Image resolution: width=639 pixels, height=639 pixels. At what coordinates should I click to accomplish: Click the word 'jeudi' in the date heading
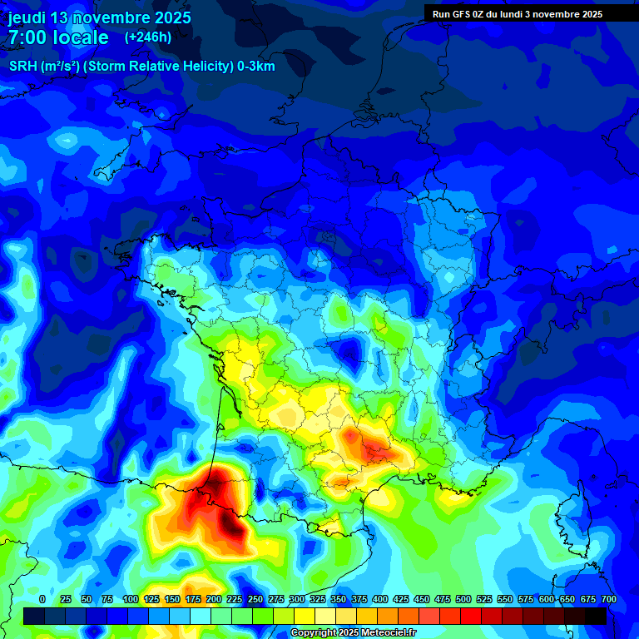tap(26, 17)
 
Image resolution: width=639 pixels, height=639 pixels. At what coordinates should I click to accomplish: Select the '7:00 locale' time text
tap(58, 37)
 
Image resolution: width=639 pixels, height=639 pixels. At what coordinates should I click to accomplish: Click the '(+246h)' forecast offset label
tap(148, 37)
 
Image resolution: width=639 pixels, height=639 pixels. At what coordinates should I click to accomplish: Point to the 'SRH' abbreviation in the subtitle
tap(22, 67)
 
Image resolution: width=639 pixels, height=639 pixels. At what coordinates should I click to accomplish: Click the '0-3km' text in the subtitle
tap(256, 67)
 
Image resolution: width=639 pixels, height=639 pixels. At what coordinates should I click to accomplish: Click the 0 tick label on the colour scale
tap(42, 599)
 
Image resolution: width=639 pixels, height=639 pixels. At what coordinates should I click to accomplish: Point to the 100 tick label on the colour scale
tap(131, 599)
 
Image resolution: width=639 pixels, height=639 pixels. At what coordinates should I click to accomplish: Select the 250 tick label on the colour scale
tap(255, 599)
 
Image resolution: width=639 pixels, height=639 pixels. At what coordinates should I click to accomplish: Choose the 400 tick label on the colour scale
tap(380, 599)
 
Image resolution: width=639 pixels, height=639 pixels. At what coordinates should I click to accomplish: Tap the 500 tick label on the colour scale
tap(463, 599)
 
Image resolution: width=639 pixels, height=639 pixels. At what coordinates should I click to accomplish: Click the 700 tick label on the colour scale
tap(609, 599)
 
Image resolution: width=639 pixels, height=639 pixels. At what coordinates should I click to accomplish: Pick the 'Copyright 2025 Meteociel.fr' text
tap(353, 633)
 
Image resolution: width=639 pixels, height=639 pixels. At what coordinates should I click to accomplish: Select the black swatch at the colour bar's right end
tap(596, 616)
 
